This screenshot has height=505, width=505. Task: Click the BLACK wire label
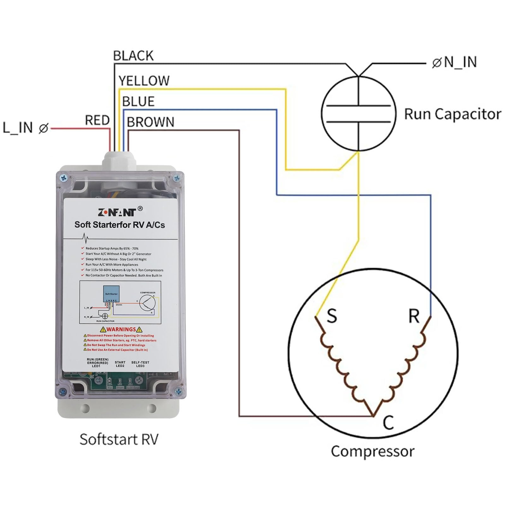coord(133,56)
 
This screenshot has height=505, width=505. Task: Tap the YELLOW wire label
coord(144,81)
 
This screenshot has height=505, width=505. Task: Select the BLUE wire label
coord(138,102)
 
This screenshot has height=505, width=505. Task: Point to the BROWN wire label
coord(150,122)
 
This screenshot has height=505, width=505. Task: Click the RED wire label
coord(97,120)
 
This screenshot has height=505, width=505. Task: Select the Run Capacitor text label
coord(453,114)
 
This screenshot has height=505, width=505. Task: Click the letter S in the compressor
coord(332,316)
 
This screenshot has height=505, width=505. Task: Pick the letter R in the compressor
coord(414,316)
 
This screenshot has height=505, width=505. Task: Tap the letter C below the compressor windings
coord(389,422)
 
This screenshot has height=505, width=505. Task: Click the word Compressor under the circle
coord(372,451)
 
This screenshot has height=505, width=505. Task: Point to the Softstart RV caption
coord(119,439)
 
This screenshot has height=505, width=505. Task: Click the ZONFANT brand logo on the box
coord(117,212)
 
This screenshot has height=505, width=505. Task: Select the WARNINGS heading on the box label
coord(121,329)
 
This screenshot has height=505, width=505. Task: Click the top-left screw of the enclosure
coord(63,178)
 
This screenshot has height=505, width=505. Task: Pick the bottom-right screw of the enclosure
coord(178,392)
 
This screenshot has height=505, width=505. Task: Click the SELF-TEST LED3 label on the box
coord(140,364)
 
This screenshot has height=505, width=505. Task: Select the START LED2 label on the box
coord(120,364)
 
